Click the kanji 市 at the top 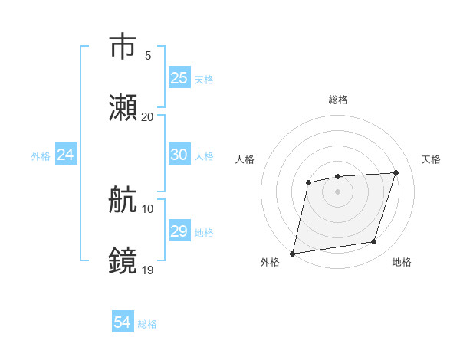coord(123,47)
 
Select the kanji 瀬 coord(123,109)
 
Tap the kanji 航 coord(123,200)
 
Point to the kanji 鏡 coord(123,261)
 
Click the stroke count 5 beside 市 coord(148,55)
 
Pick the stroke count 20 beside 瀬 coord(147,116)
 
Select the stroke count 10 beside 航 coord(147,208)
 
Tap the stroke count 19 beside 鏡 coord(147,270)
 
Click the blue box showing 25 coord(179,78)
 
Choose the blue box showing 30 coord(179,155)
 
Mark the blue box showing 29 coord(179,231)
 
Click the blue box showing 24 coord(66,155)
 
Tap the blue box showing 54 coord(123,323)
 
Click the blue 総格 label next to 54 coord(147,324)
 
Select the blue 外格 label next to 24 coord(41,155)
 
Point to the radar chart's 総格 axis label coord(337,100)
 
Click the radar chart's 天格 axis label coord(432,159)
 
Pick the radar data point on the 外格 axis coord(293,253)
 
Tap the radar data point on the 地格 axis coord(374,242)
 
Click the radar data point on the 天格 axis coord(396,172)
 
